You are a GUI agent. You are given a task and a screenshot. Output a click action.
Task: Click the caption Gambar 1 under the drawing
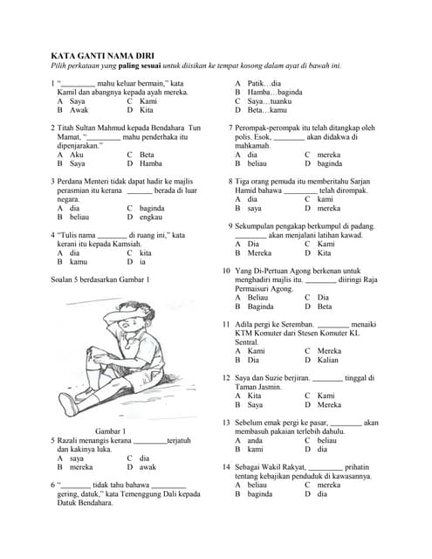point(110,431)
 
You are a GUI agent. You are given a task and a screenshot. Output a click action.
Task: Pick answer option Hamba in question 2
point(150,162)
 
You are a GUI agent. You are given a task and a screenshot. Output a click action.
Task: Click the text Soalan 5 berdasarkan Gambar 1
point(100,279)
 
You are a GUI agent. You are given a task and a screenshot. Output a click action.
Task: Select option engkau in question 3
point(151,217)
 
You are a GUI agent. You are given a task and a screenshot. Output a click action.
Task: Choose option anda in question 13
point(255,440)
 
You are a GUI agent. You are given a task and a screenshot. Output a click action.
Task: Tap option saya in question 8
point(254,208)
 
